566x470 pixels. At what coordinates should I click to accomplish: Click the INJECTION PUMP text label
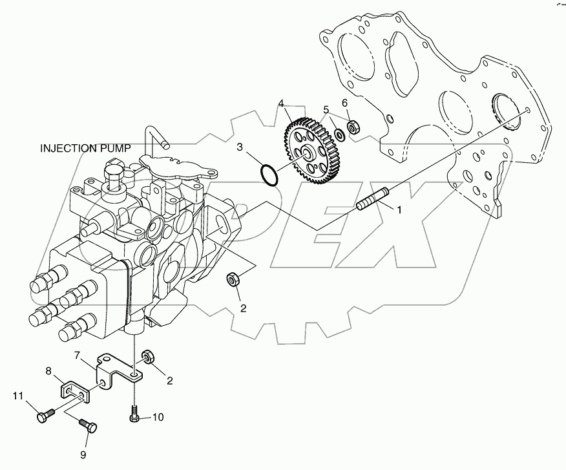pos(85,148)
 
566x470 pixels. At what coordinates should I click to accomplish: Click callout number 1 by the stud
pos(399,210)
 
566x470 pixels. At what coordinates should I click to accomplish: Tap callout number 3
pos(239,148)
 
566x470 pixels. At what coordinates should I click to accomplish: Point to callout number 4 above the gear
pos(282,103)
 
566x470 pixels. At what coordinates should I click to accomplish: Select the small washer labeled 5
pos(339,135)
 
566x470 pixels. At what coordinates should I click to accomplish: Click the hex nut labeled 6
pos(353,126)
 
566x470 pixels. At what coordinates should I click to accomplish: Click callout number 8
pos(48,370)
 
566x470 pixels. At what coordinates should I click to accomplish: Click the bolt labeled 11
pos(43,416)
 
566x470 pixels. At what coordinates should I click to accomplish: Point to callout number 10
pos(158,418)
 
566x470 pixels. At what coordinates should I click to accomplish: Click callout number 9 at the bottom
pos(83,454)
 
